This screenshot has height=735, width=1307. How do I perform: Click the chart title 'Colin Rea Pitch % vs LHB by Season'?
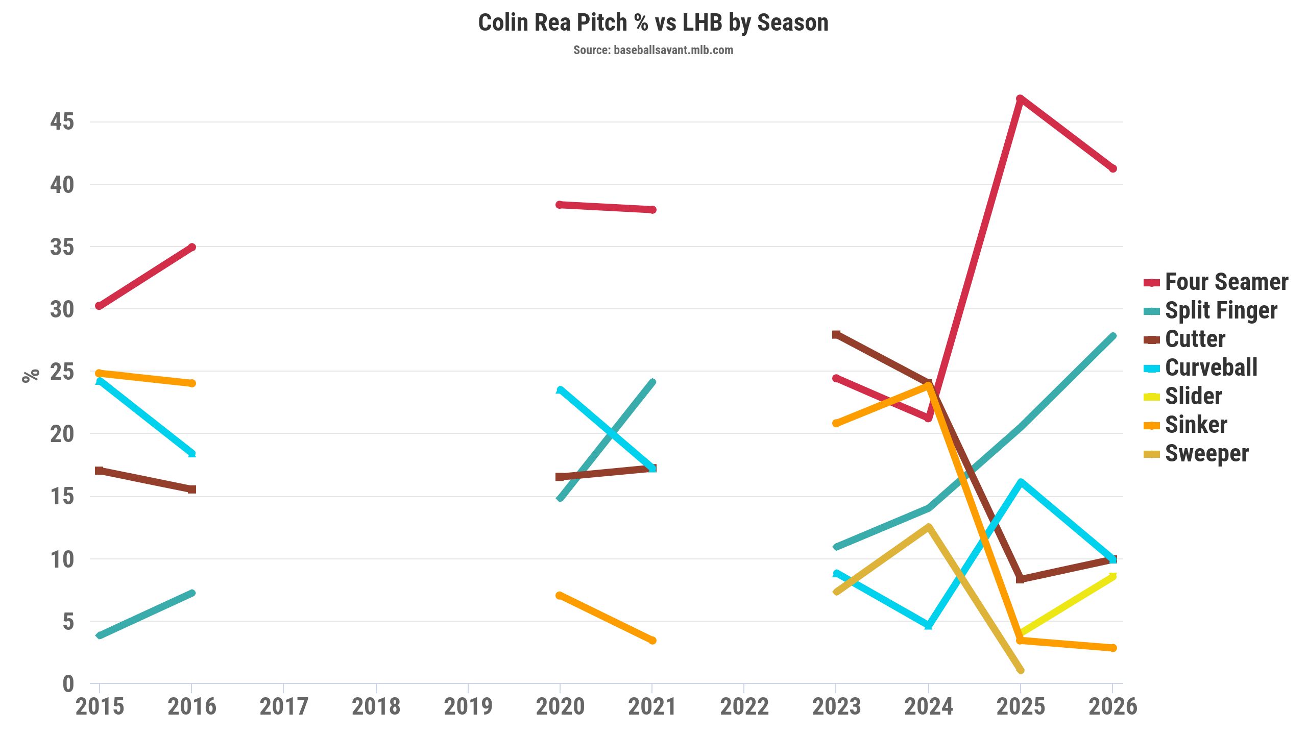pyautogui.click(x=653, y=23)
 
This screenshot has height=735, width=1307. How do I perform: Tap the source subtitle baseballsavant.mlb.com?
pyautogui.click(x=653, y=50)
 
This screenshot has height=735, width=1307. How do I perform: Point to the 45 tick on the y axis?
pyautogui.click(x=62, y=122)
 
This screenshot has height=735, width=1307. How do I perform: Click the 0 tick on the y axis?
pyautogui.click(x=68, y=684)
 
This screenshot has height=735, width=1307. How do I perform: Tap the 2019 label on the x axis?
pyautogui.click(x=468, y=707)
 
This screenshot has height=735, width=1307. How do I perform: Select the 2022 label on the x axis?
pyautogui.click(x=744, y=707)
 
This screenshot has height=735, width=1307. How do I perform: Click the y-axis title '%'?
pyautogui.click(x=31, y=375)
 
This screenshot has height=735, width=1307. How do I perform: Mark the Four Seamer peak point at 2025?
pyautogui.click(x=1020, y=99)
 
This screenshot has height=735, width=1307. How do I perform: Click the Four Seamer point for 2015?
pyautogui.click(x=99, y=306)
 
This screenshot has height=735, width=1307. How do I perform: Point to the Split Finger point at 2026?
pyautogui.click(x=1113, y=336)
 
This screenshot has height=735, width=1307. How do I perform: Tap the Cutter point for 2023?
pyautogui.click(x=836, y=334)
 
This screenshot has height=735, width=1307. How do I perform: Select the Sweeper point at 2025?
pyautogui.click(x=1021, y=670)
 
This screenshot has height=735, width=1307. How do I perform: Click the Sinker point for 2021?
pyautogui.click(x=652, y=640)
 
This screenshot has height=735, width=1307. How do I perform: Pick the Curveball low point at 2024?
pyautogui.click(x=928, y=625)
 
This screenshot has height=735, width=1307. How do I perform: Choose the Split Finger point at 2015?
pyautogui.click(x=100, y=635)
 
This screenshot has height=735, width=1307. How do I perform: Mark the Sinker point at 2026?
pyautogui.click(x=1113, y=648)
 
